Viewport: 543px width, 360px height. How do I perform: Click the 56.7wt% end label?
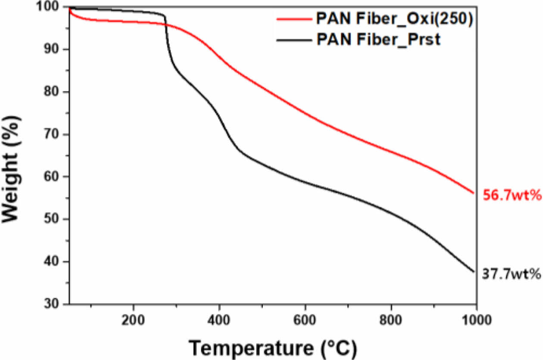click(512, 196)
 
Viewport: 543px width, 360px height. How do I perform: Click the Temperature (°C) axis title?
click(273, 347)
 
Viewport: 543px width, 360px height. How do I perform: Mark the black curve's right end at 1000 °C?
click(474, 272)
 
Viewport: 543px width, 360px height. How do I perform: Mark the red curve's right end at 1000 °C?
click(474, 193)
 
